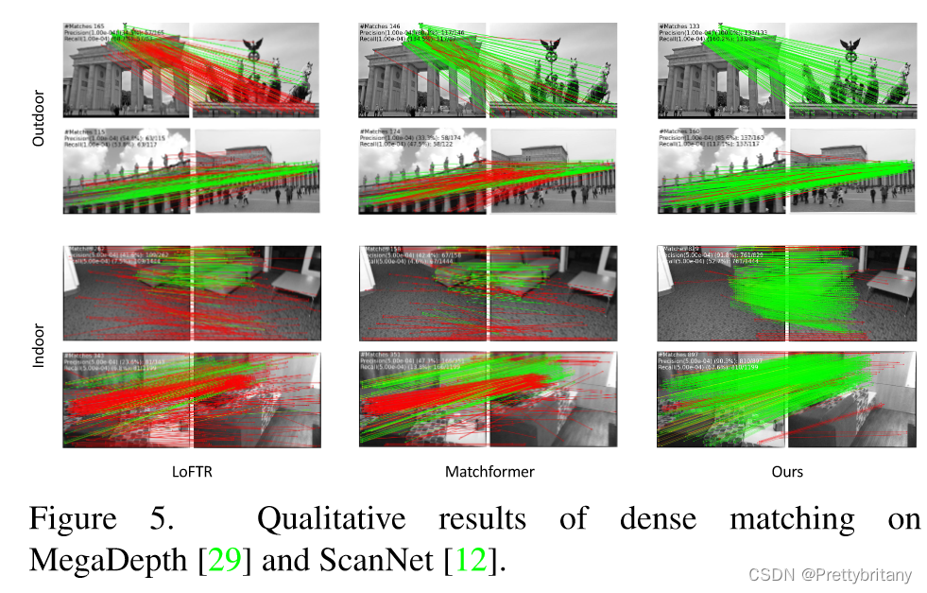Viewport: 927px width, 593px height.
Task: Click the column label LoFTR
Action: tap(191, 470)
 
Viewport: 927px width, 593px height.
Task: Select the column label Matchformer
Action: tap(490, 470)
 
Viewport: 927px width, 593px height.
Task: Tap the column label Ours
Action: tap(786, 470)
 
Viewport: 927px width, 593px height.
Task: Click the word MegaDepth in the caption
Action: tap(107, 559)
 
